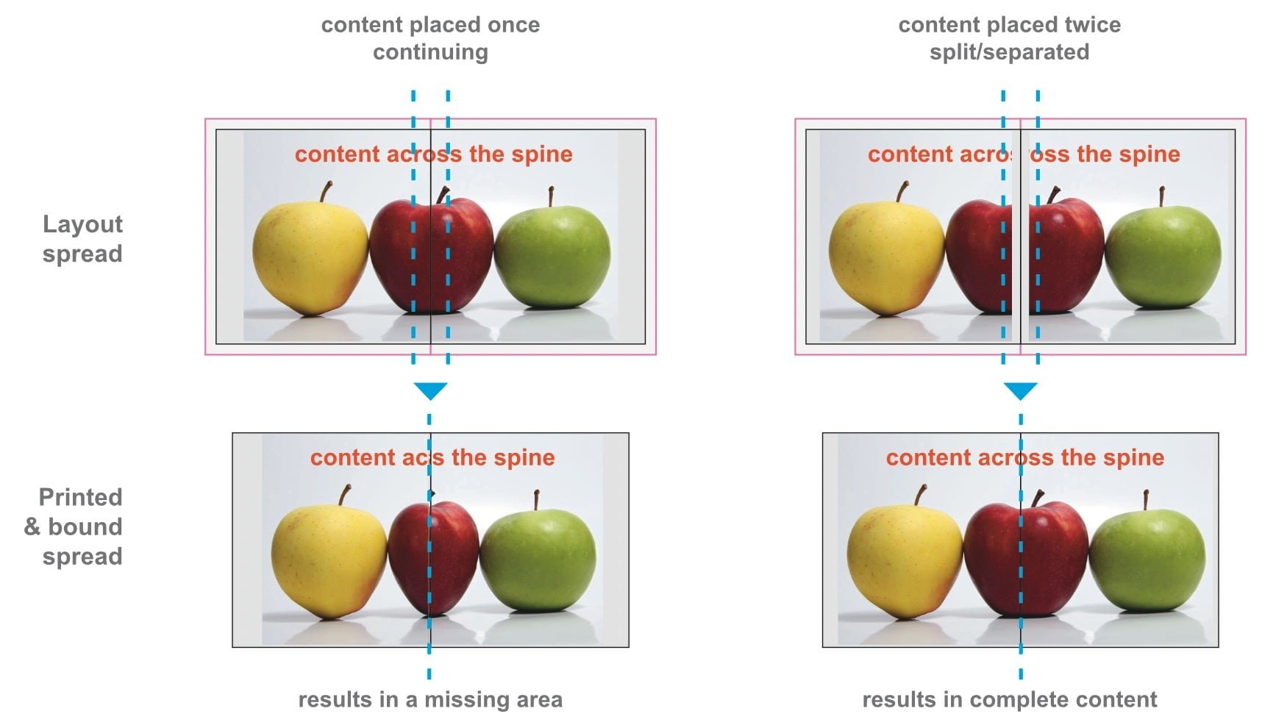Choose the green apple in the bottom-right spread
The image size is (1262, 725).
1147,559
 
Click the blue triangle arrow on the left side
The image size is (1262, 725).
430,390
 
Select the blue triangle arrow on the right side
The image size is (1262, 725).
1020,390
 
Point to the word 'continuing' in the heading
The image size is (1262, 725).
430,52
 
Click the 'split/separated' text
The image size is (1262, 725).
1009,52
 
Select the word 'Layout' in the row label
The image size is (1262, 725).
82,224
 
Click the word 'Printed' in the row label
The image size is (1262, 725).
80,497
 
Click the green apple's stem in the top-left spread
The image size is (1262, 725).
550,196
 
